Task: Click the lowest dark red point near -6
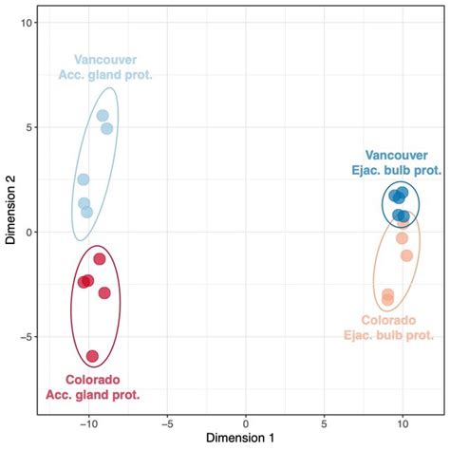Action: (x=92, y=356)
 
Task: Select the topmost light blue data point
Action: (x=103, y=116)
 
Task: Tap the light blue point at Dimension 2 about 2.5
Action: (x=84, y=179)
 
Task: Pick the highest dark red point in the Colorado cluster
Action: (x=99, y=258)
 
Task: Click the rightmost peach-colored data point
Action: (x=406, y=255)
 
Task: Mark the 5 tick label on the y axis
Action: (x=29, y=127)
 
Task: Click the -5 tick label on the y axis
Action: (x=28, y=337)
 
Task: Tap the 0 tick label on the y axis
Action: (x=29, y=233)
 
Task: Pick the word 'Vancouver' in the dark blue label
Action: (x=396, y=155)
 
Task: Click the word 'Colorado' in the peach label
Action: (x=388, y=320)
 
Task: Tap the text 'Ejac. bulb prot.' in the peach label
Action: (x=388, y=335)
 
